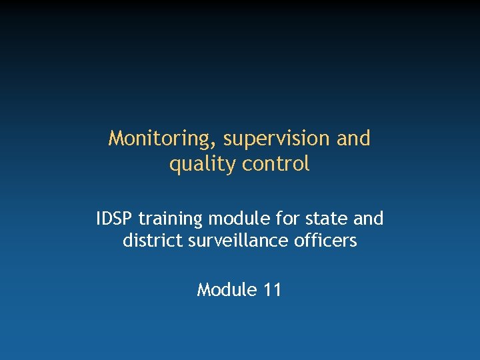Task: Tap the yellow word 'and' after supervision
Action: click(354, 138)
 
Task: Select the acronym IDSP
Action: click(115, 219)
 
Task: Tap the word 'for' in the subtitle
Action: click(276, 219)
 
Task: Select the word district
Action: click(148, 241)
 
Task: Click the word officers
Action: click(325, 241)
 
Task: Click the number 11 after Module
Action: click(271, 290)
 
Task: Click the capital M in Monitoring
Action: click(117, 139)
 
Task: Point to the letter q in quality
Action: click(175, 165)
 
